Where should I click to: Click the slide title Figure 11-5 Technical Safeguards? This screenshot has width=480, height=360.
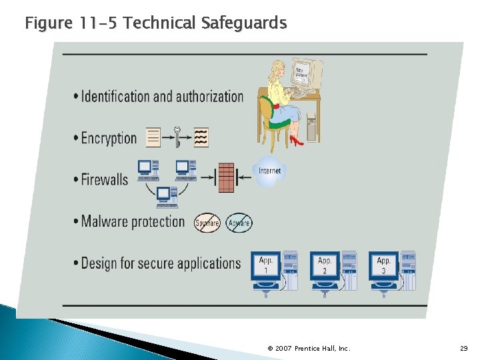[x=155, y=23]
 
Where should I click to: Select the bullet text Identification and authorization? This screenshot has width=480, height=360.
[x=162, y=97]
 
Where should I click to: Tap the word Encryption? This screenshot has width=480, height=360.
[x=109, y=139]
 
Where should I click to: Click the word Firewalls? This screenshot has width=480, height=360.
[x=104, y=179]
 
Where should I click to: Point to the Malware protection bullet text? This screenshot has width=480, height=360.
[x=133, y=221]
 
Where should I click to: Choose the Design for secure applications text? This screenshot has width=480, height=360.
[x=160, y=263]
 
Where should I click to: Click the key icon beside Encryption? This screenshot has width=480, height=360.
[x=177, y=137]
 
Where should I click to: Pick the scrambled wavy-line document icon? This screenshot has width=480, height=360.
[x=201, y=137]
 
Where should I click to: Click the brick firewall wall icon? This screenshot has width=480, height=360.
[x=226, y=177]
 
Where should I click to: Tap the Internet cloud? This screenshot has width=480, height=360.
[x=269, y=171]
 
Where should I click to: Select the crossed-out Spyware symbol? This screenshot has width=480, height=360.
[x=207, y=223]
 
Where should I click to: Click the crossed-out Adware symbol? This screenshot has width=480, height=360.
[x=239, y=223]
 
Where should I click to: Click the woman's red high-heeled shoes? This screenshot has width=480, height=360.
[x=296, y=141]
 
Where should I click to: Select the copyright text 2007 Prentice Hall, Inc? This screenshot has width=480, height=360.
[x=309, y=349]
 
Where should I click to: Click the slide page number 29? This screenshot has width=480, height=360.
[x=464, y=349]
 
